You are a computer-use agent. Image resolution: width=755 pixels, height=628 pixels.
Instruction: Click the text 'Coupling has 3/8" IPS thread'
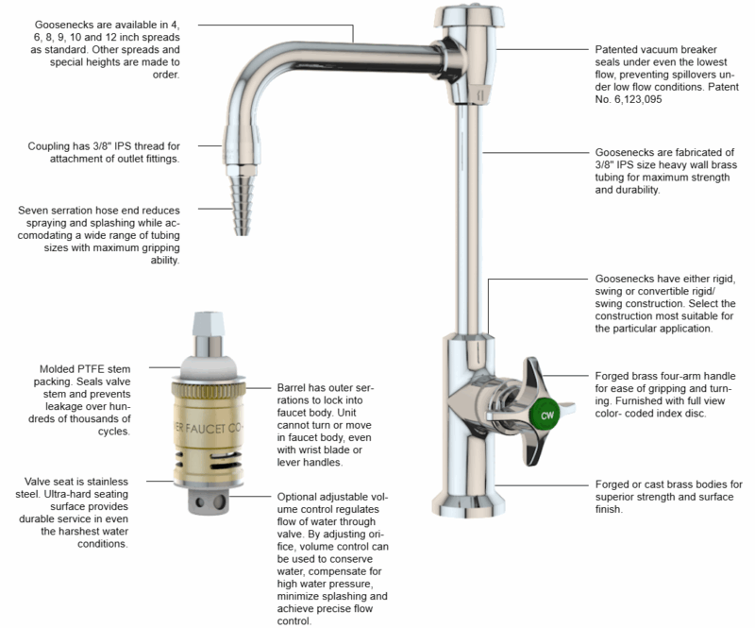click(x=104, y=151)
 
